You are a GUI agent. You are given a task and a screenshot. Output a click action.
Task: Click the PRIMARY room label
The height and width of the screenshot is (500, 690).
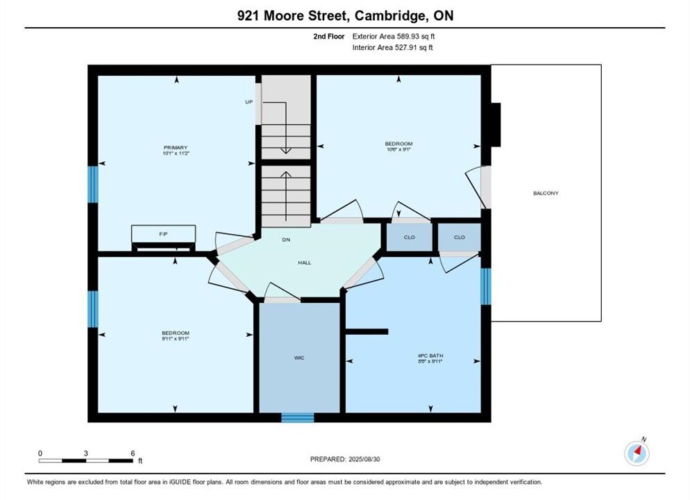click(x=176, y=147)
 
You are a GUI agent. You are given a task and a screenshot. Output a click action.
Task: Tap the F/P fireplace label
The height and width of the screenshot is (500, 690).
click(x=163, y=234)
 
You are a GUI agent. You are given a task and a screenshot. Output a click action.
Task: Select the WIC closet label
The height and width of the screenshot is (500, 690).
click(x=299, y=358)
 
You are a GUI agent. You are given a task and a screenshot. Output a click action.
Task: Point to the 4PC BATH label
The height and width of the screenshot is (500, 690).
click(x=430, y=356)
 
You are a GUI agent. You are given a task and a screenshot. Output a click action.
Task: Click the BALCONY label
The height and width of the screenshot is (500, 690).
click(x=546, y=193)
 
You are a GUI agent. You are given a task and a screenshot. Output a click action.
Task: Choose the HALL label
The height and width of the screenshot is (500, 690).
click(x=305, y=262)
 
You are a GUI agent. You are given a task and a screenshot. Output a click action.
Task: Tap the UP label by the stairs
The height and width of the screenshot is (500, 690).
click(x=249, y=102)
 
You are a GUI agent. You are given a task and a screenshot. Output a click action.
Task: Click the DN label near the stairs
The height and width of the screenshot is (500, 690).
click(x=286, y=240)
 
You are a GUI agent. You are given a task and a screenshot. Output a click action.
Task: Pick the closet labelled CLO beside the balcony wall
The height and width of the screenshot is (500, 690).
click(x=460, y=237)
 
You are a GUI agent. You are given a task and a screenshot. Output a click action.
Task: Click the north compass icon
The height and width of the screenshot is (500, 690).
click(x=637, y=453)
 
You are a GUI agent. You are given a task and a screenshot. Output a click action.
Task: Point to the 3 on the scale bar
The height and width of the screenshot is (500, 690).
click(x=86, y=453)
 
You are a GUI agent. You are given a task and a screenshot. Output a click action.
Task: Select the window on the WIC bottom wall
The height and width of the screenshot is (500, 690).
click(x=298, y=417)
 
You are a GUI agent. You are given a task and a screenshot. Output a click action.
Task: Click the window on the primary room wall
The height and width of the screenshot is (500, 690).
click(x=92, y=184)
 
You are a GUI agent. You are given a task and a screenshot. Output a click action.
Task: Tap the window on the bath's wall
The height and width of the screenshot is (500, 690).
click(x=485, y=287)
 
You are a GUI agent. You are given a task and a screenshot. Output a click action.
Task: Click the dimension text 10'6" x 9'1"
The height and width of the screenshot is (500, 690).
click(x=398, y=149)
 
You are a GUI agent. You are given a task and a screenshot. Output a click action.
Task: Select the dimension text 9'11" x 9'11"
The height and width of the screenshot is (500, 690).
click(x=175, y=339)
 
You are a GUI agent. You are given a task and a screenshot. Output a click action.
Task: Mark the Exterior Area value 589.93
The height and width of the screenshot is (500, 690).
click(x=408, y=37)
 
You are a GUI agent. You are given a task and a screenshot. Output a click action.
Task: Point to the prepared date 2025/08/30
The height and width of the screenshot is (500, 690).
click(x=364, y=459)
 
